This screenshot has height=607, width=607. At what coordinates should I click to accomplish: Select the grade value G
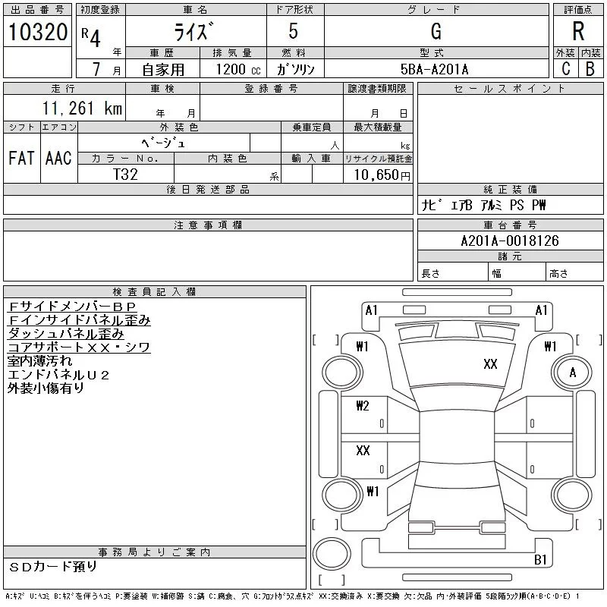[x=436, y=32]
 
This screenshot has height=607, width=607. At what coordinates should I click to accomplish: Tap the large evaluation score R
[x=578, y=32]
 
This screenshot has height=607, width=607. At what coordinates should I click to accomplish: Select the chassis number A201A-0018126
[x=509, y=241]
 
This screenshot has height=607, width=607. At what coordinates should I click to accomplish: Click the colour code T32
[x=125, y=174]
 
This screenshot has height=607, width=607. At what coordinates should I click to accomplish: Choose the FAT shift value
[x=21, y=159]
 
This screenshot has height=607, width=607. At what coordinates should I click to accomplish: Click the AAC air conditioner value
[x=58, y=159]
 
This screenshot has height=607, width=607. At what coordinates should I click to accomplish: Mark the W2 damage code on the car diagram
[x=362, y=405]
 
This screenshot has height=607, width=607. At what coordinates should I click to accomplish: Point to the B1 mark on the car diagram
[x=541, y=560]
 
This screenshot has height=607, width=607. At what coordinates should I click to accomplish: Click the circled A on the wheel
[x=573, y=373]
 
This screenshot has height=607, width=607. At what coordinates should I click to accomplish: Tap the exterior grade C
[x=565, y=69]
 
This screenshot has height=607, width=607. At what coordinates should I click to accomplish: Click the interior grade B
[x=590, y=69]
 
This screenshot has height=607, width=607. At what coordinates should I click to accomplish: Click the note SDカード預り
[x=53, y=567]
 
